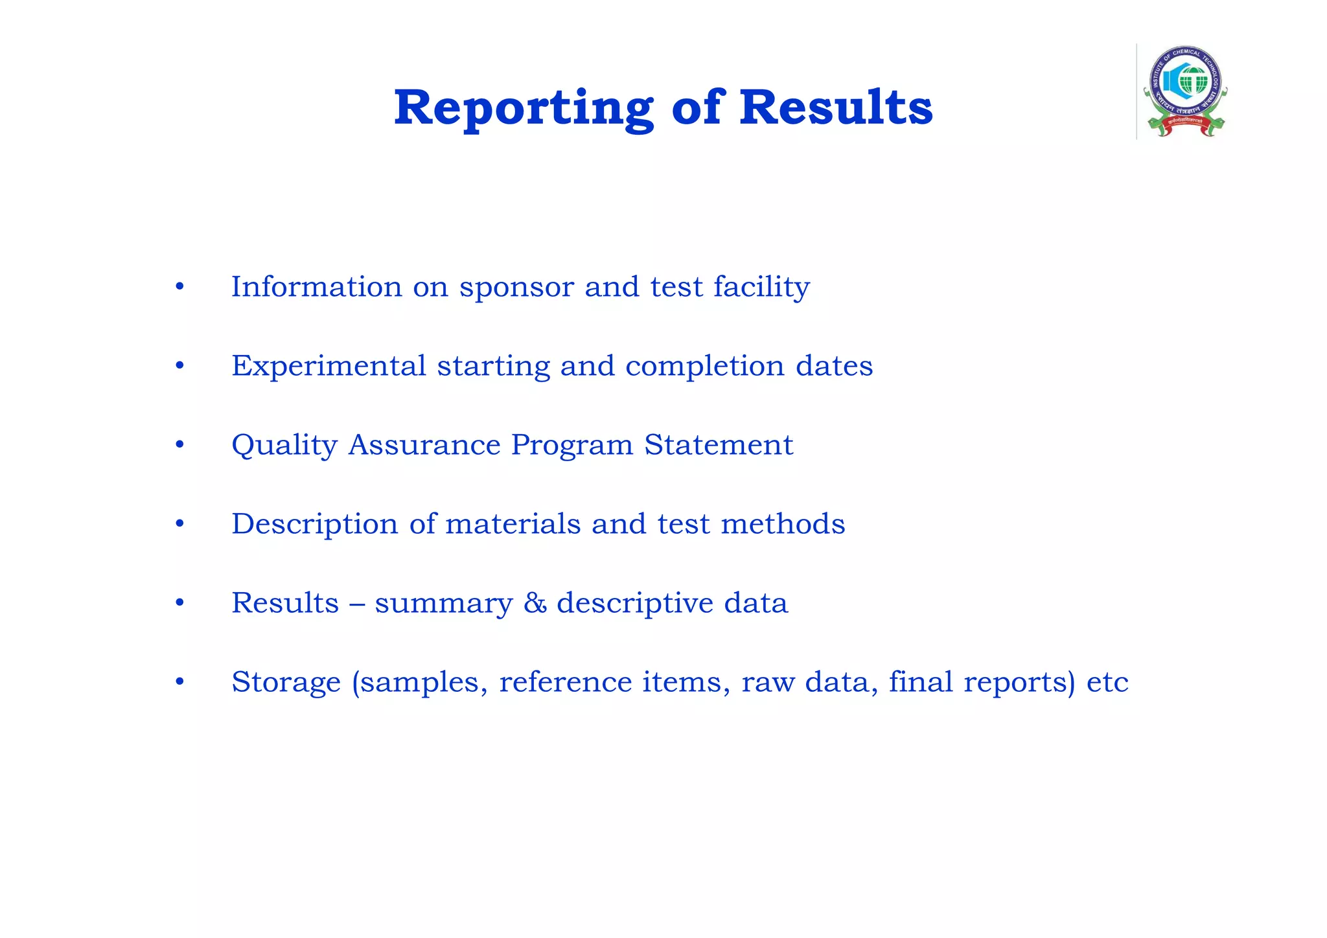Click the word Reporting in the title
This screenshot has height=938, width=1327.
tap(524, 109)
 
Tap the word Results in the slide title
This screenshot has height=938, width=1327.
tap(836, 108)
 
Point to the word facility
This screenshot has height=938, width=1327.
tap(761, 288)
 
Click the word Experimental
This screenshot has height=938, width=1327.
tap(329, 367)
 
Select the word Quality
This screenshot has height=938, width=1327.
tap(284, 446)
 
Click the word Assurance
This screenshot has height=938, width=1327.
tap(424, 444)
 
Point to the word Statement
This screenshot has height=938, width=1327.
tap(719, 444)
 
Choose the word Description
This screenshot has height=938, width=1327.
tap(315, 525)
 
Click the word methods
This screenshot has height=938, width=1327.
tap(783, 523)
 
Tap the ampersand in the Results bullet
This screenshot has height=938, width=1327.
tap(535, 603)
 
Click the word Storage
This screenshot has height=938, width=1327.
tap(286, 682)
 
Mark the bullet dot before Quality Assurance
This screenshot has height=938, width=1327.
tap(180, 445)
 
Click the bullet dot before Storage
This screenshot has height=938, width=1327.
tap(180, 681)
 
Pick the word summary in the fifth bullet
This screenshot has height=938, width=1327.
tap(444, 604)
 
